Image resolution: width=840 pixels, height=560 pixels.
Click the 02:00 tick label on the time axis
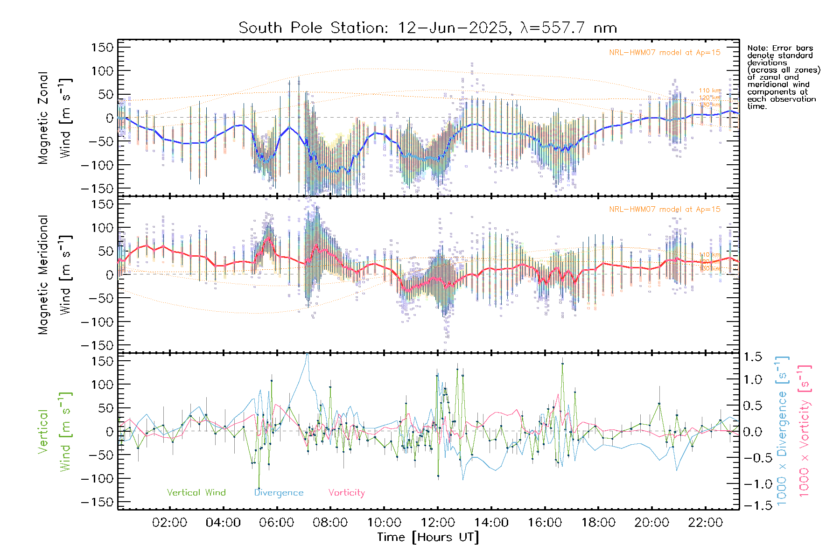point(169,523)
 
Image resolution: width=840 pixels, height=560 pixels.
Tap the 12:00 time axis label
point(438,523)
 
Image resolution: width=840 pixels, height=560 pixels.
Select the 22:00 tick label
point(705,523)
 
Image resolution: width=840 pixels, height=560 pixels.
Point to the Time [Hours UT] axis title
point(428,537)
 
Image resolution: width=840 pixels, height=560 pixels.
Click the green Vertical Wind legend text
point(196,492)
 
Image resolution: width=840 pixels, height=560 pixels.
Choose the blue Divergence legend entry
point(279,492)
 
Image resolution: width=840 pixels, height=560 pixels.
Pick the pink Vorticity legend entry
point(346,492)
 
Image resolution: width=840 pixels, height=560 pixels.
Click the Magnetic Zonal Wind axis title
point(55,118)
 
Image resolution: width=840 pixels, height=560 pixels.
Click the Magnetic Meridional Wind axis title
point(55,275)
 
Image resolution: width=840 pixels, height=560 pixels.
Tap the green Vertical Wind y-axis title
point(55,432)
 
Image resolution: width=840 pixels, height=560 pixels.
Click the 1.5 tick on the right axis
point(752,357)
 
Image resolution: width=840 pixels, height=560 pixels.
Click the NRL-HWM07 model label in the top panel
point(665,53)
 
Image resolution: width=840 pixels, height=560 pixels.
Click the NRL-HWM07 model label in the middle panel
point(665,210)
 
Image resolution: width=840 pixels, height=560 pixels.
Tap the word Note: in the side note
point(756,48)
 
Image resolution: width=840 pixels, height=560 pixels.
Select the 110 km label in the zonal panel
point(710,91)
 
